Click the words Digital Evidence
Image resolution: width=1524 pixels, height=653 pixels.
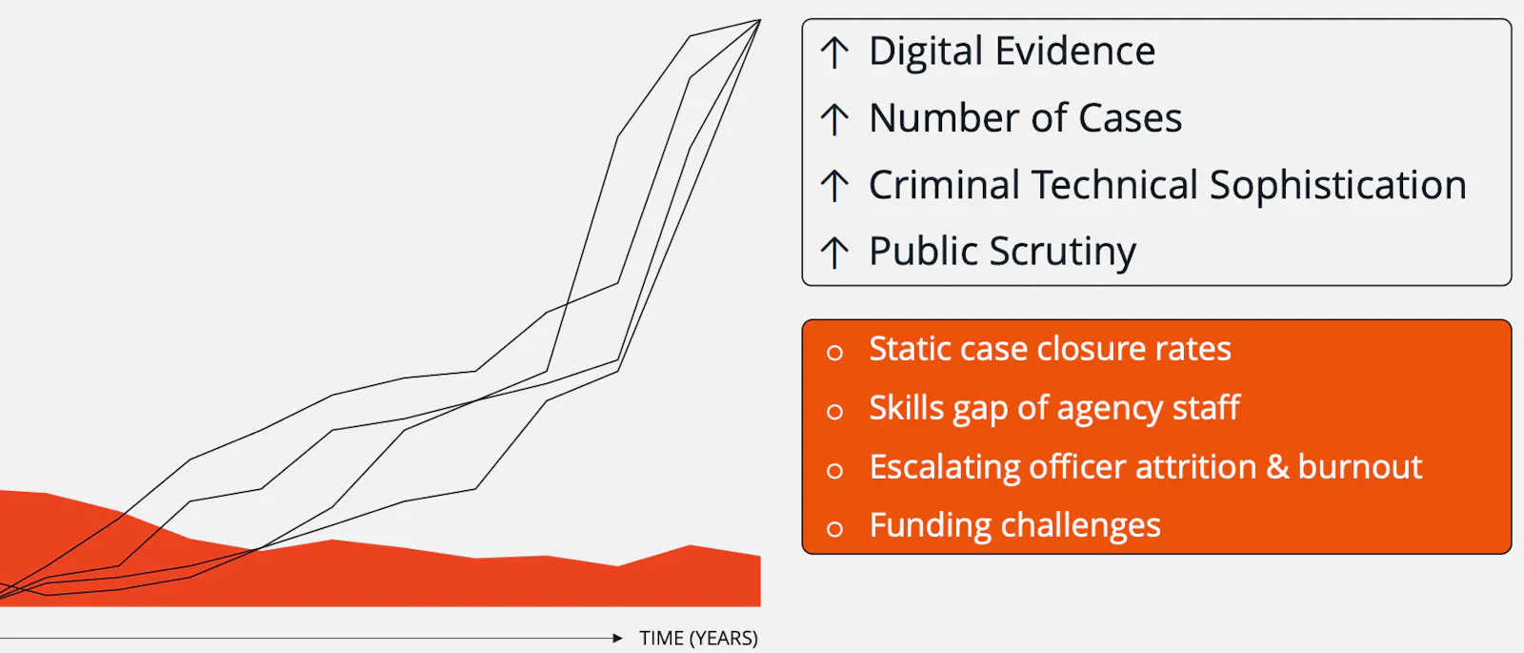(x=1012, y=51)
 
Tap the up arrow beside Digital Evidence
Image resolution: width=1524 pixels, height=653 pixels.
(x=834, y=53)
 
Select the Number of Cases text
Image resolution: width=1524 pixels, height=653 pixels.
(x=1025, y=118)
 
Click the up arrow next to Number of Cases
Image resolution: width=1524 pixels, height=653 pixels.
(x=834, y=119)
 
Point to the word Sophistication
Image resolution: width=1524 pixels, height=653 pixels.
(x=1337, y=185)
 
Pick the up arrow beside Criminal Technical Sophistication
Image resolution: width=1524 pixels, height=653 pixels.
(x=834, y=185)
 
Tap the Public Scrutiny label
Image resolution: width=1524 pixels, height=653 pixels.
(x=1002, y=252)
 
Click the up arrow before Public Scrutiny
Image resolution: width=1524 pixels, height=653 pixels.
(x=834, y=252)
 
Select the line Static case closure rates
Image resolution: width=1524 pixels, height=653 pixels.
(x=1050, y=349)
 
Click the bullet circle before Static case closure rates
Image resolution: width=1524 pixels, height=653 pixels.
(x=834, y=352)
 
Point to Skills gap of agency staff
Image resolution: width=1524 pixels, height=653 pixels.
(x=1054, y=409)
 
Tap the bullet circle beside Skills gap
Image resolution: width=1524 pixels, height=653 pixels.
(x=834, y=411)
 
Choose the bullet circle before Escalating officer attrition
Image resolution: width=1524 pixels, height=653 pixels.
(x=834, y=471)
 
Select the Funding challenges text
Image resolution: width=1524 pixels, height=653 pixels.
(x=1015, y=525)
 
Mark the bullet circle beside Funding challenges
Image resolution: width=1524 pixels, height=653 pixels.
(x=834, y=529)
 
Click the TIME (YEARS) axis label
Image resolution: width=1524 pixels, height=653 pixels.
(x=699, y=638)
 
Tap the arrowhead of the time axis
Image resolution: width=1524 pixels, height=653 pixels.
(x=617, y=638)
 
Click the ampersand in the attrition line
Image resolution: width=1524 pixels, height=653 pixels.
(x=1277, y=467)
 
